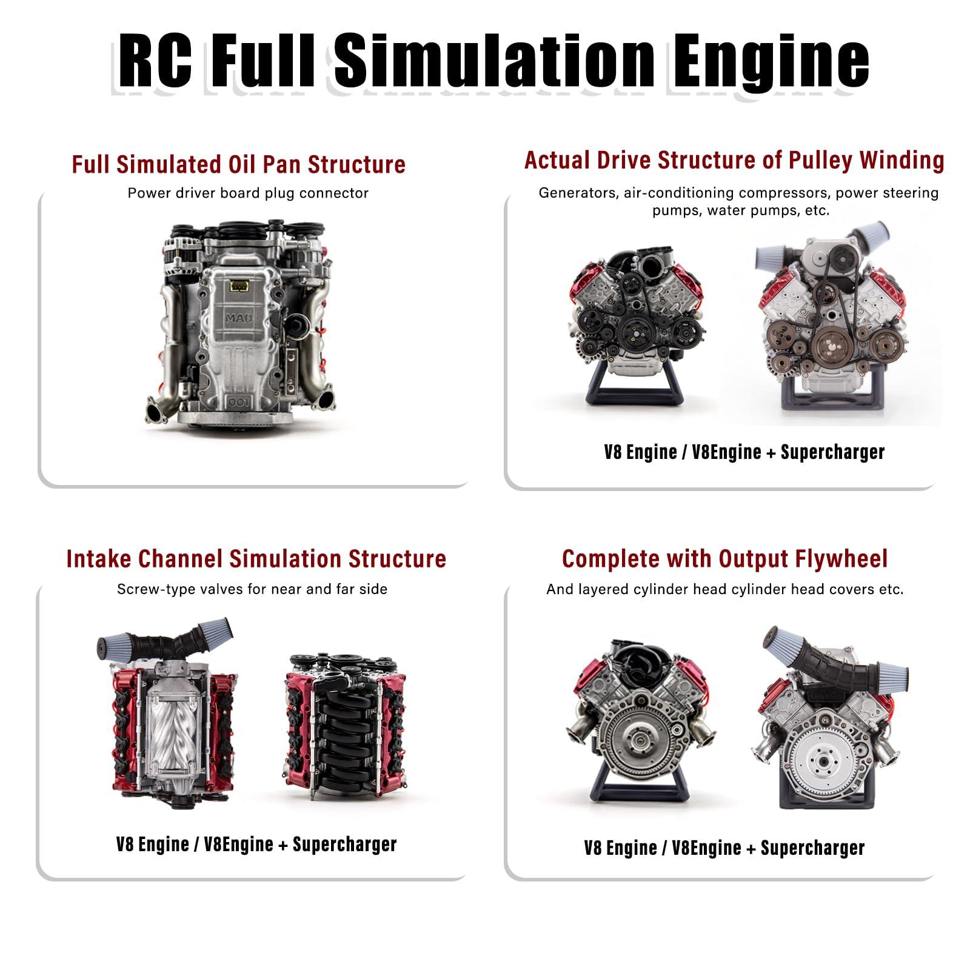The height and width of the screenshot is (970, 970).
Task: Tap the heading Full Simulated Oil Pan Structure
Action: (x=238, y=164)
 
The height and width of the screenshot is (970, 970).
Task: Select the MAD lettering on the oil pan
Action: (x=239, y=318)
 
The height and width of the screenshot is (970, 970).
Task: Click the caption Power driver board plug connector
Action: (x=248, y=193)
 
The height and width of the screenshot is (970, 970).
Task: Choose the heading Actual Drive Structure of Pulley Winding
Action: (x=734, y=160)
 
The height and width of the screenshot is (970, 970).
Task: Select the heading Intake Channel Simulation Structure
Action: (x=256, y=558)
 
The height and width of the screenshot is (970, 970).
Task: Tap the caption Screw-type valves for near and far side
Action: (x=252, y=589)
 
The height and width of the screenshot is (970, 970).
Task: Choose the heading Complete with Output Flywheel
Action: (x=724, y=558)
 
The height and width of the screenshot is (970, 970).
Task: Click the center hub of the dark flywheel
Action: (x=637, y=739)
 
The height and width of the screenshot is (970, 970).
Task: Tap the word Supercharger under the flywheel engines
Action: (x=812, y=848)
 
